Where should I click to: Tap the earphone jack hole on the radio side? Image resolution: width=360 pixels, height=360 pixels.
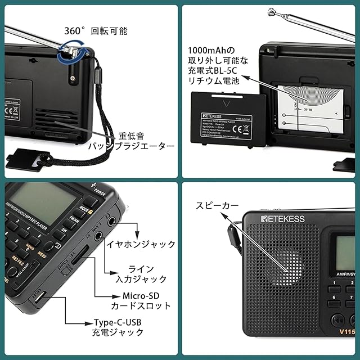coord(116,221)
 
